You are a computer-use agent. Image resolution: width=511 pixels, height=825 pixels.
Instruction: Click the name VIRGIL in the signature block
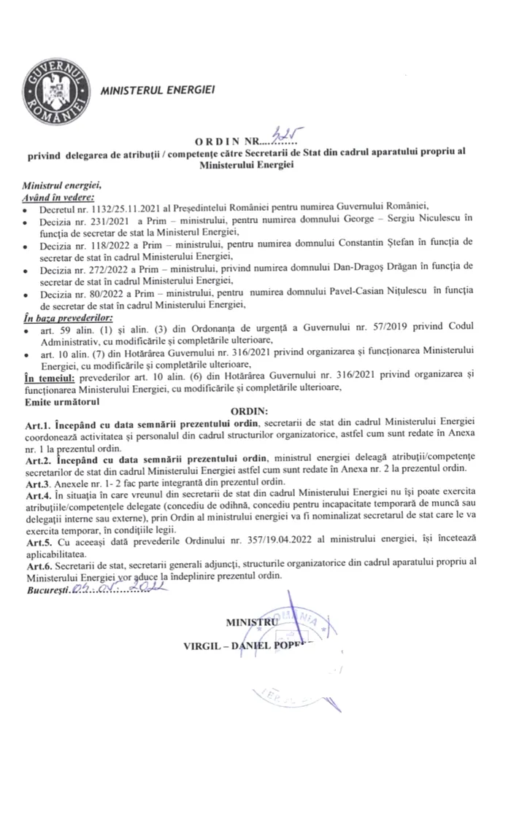(208, 646)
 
